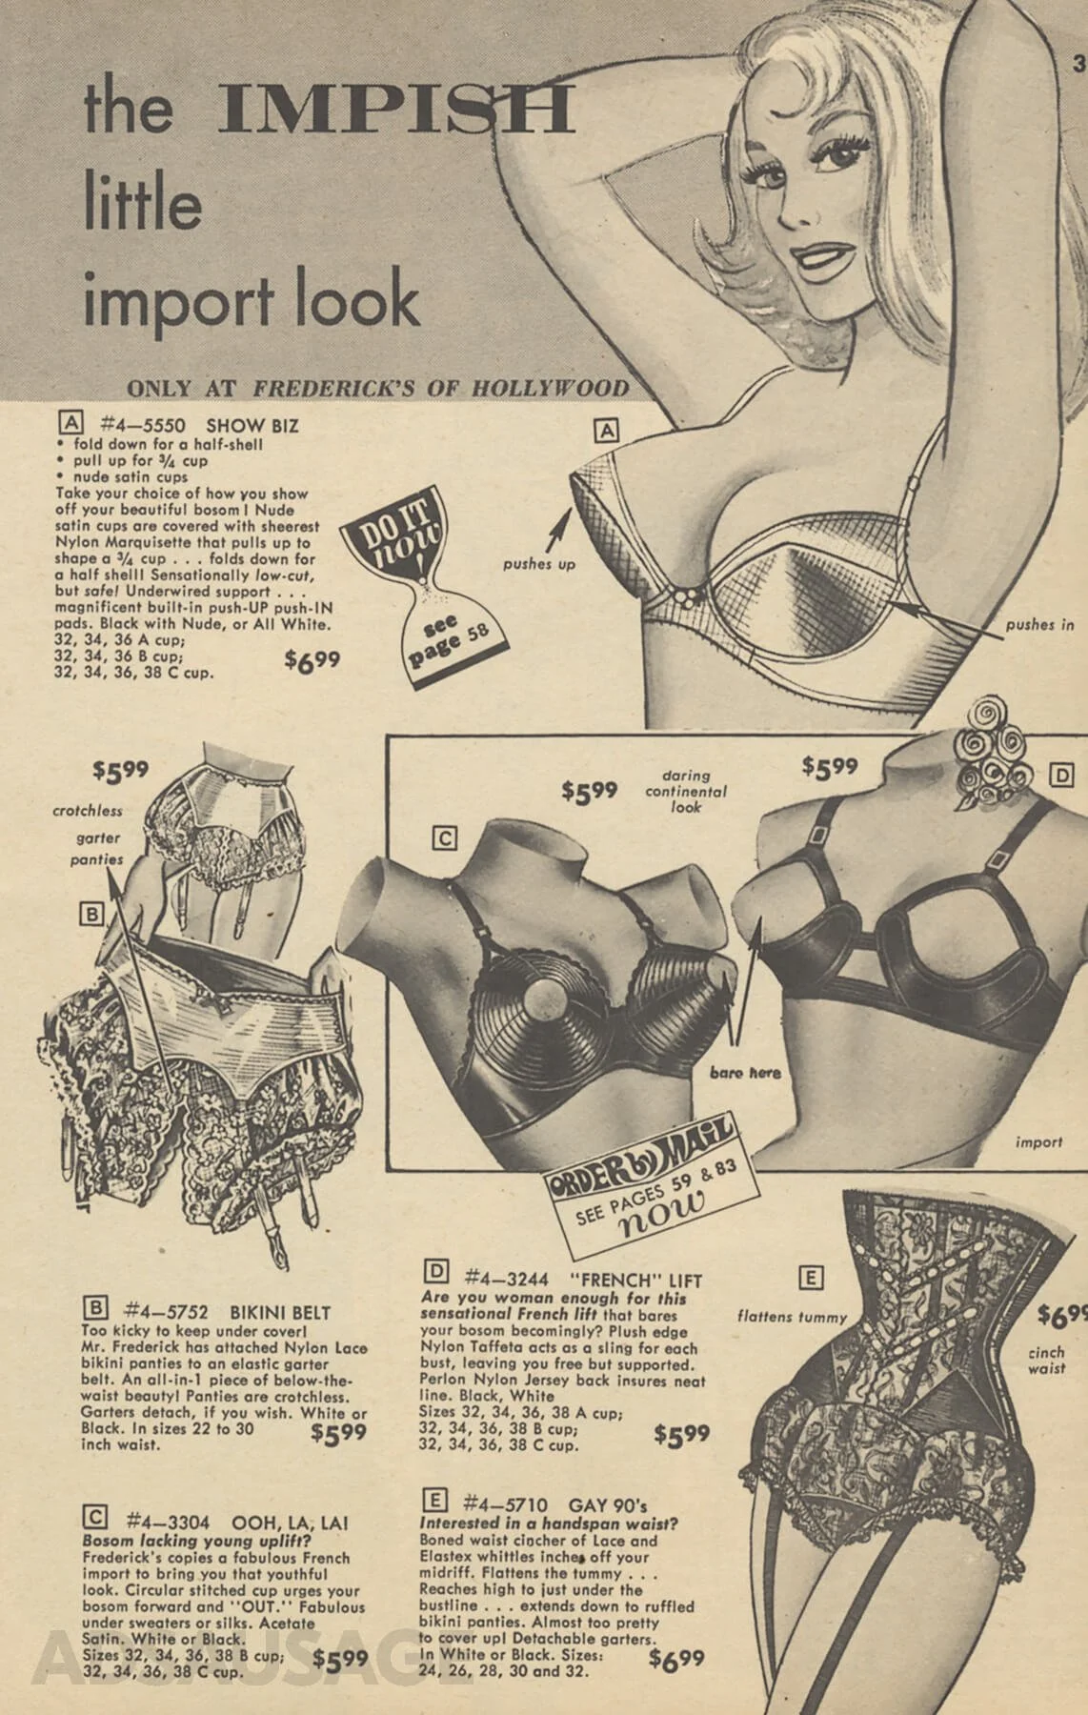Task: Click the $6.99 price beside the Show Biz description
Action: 312,659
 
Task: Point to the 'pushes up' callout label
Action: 539,564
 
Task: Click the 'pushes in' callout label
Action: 1040,625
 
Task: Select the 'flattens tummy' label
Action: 792,1318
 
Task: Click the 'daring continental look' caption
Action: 685,791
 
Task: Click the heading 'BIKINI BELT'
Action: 282,1313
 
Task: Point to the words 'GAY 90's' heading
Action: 608,1505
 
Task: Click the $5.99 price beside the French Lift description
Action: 682,1434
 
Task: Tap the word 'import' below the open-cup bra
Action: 1038,1142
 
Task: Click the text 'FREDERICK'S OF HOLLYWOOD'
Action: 441,388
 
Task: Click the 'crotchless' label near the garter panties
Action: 88,811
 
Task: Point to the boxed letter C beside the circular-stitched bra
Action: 444,839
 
